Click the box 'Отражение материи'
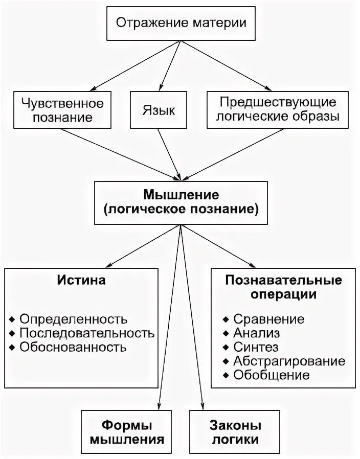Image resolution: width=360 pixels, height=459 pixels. pos(181,23)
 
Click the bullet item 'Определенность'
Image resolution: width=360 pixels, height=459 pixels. pos(73,319)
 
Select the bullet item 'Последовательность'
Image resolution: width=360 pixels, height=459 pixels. pos(86,334)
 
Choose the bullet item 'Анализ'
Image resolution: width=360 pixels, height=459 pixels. pos(257,334)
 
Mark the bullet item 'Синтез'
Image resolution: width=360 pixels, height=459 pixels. pos(256,348)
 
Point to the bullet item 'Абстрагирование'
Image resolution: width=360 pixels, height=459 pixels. pos(288,361)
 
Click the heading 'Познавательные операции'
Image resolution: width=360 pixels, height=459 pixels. pos(283,288)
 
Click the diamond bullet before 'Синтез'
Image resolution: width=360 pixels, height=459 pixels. pos(226,348)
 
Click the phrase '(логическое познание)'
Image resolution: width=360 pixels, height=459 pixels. pos(181,209)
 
